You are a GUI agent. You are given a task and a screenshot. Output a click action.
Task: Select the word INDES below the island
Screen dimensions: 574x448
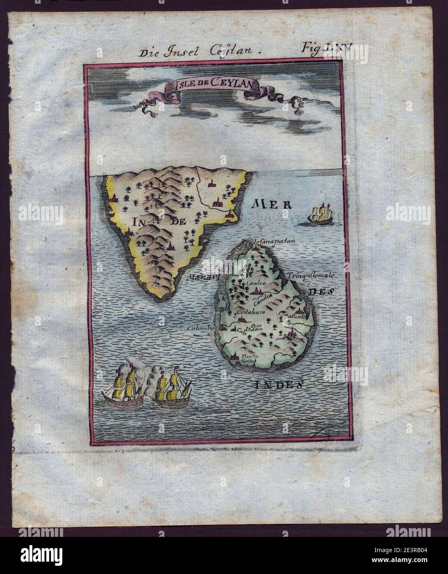click(277, 385)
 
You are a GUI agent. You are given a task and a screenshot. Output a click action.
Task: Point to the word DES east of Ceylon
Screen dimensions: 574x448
click(321, 292)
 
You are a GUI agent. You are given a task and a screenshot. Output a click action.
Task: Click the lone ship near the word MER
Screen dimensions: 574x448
click(320, 215)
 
